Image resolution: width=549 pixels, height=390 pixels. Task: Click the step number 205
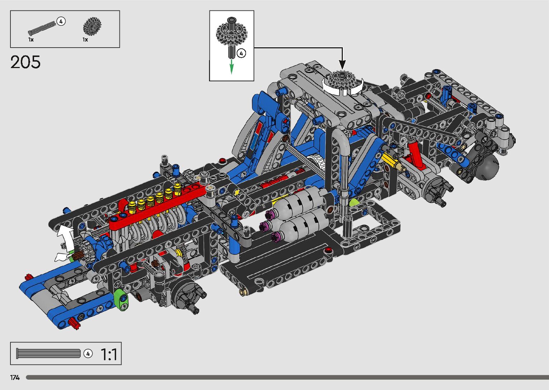[25, 62]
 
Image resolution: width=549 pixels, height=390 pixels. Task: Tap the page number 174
[15, 377]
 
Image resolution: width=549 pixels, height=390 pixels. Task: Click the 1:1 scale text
[109, 354]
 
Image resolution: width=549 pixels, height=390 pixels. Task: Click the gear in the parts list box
[92, 26]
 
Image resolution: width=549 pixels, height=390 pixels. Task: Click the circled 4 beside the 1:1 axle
[88, 353]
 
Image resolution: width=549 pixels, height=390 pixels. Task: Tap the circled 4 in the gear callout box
[241, 53]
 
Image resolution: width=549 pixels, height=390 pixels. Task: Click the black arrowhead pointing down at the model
[342, 65]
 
